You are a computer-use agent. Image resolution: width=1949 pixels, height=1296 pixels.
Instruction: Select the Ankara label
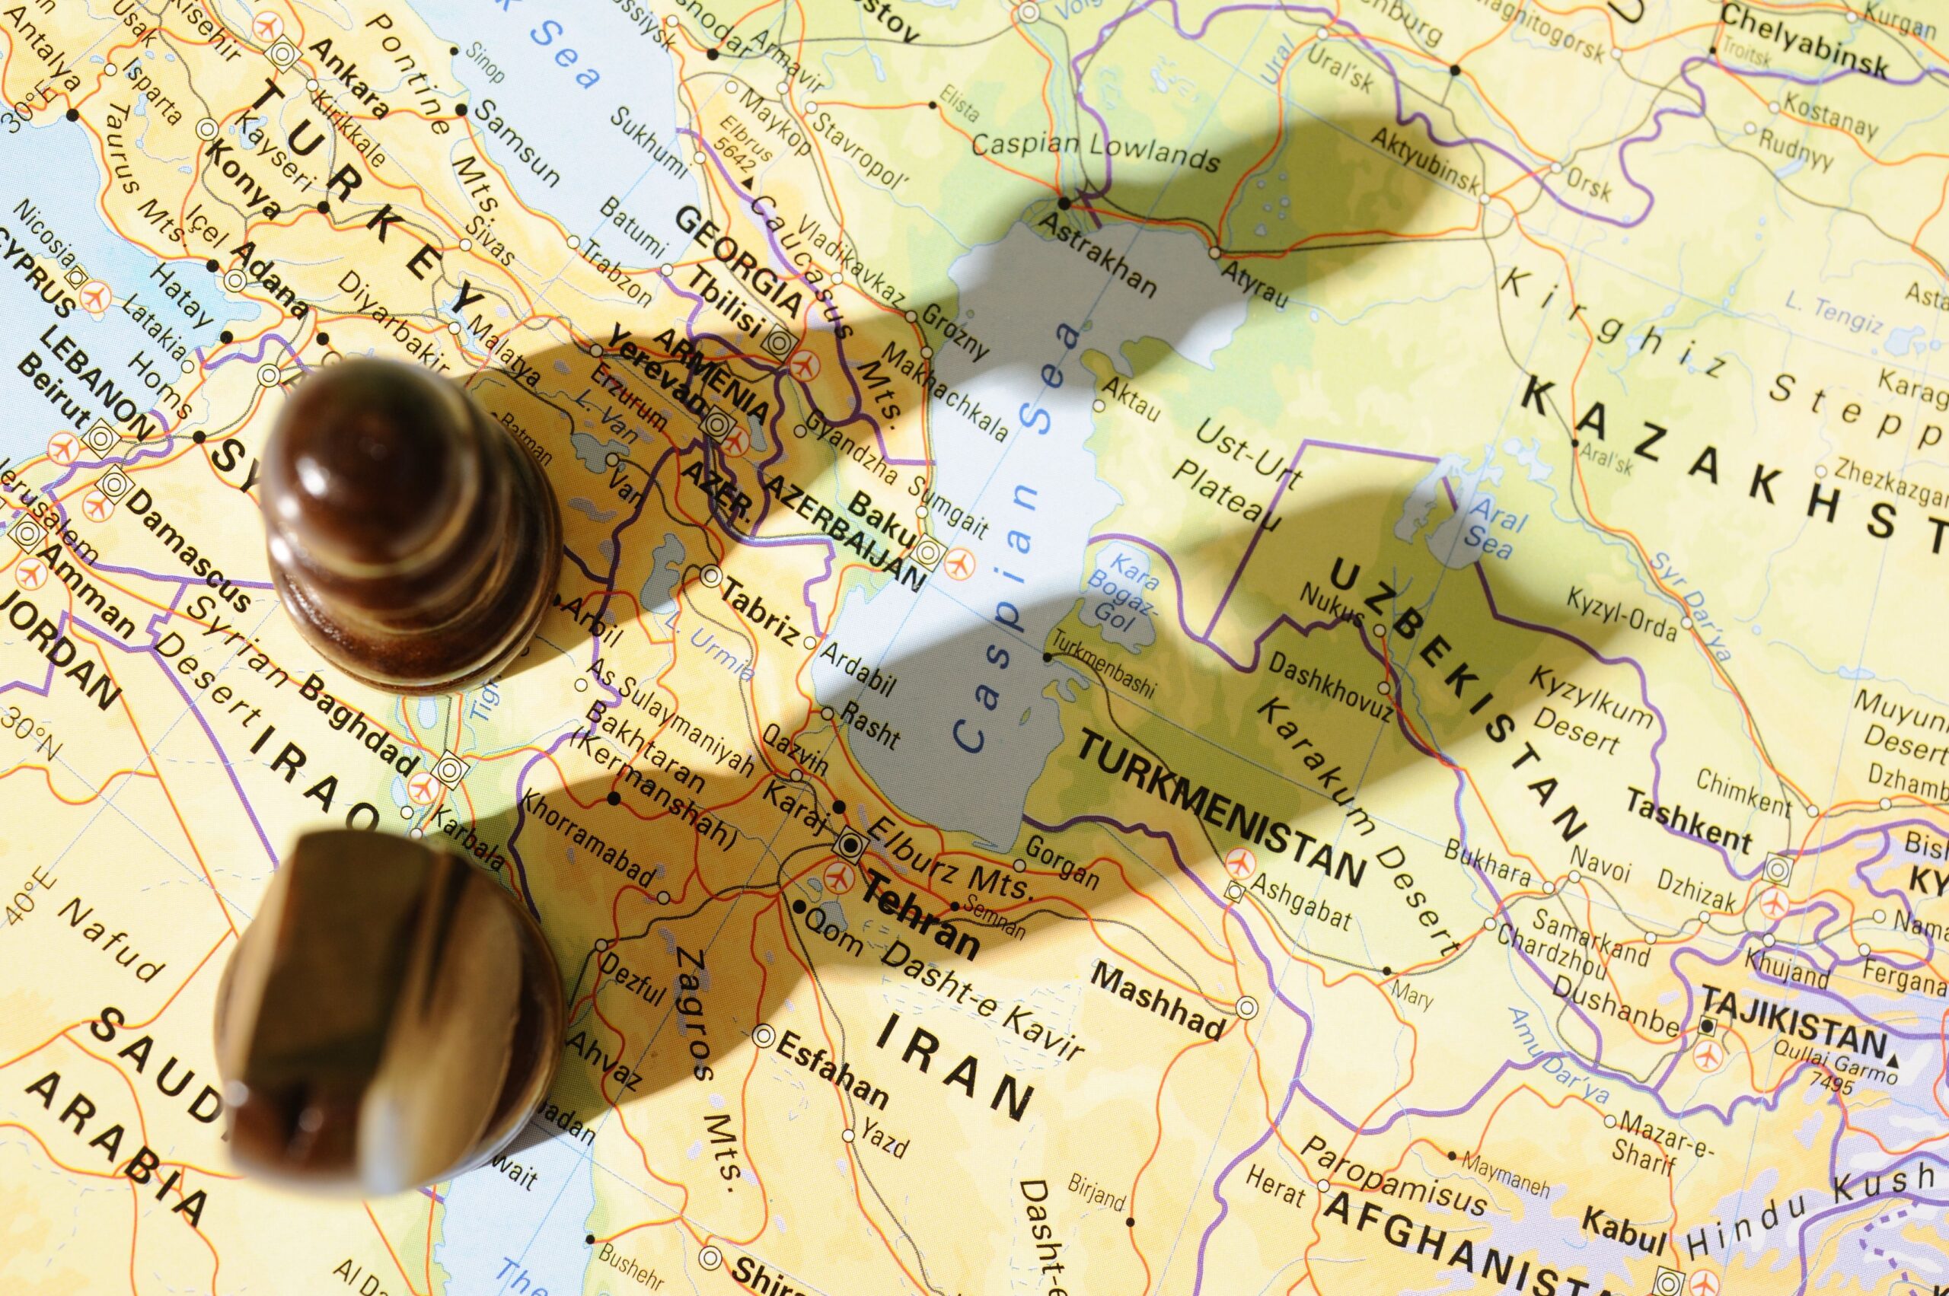click(348, 78)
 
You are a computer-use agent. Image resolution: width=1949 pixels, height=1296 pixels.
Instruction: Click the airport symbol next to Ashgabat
click(1238, 862)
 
